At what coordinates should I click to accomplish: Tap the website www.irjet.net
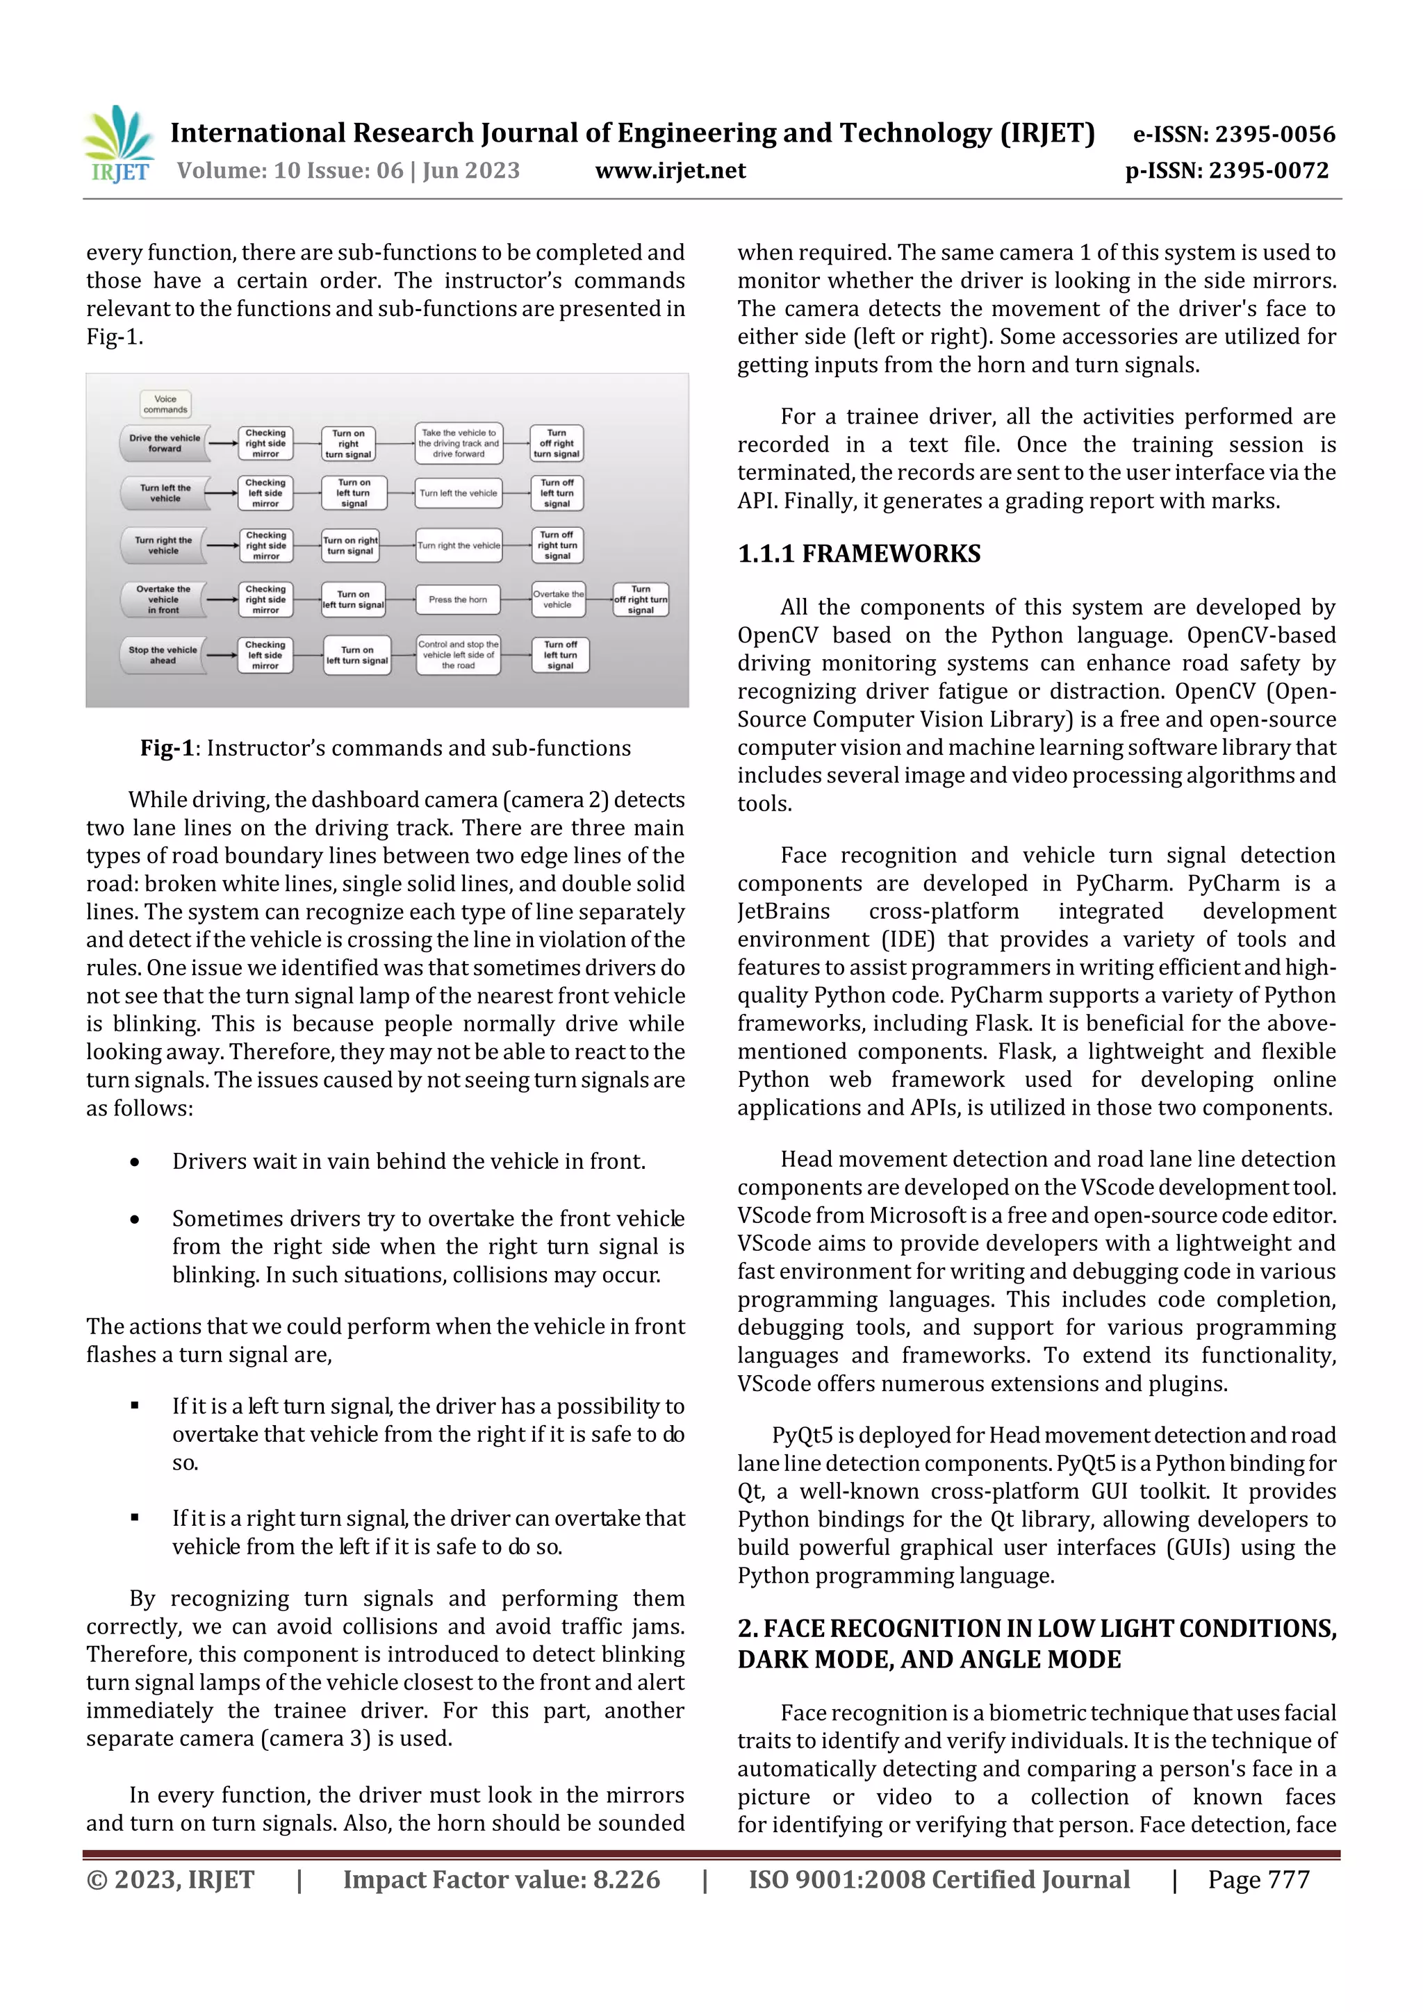tap(670, 170)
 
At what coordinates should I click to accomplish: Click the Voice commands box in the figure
tap(165, 404)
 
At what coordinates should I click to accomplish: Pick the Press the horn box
tap(458, 599)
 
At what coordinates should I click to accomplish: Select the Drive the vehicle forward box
tap(164, 443)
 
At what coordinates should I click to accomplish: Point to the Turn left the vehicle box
tap(164, 493)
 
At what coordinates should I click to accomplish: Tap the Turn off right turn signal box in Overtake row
tap(641, 599)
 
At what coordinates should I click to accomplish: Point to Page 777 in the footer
tap(1258, 1879)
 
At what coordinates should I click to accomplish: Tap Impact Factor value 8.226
tap(501, 1879)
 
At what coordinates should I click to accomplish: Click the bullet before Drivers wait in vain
tap(134, 1162)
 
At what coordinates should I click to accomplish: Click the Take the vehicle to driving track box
tap(458, 443)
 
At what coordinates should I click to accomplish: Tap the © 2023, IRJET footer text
tap(170, 1879)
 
